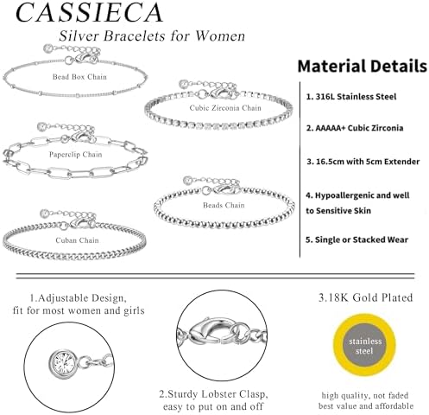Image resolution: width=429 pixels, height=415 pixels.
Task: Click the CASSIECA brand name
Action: tap(89, 12)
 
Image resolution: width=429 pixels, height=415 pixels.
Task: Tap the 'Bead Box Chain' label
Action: tap(79, 77)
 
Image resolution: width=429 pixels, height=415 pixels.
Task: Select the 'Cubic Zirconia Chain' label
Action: tap(225, 108)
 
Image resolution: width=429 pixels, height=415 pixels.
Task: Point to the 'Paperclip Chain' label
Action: tap(75, 155)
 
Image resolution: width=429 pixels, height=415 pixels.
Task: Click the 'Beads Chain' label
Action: tap(224, 205)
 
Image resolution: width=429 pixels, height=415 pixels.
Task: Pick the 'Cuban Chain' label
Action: tap(77, 240)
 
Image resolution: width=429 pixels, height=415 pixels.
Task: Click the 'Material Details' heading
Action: tap(363, 67)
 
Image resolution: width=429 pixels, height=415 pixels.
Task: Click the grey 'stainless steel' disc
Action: tap(364, 346)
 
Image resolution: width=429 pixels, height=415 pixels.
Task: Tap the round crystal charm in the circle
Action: tap(63, 364)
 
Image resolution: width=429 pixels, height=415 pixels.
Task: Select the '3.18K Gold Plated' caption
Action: tap(365, 297)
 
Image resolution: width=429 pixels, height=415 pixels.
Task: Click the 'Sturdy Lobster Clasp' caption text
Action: tap(213, 394)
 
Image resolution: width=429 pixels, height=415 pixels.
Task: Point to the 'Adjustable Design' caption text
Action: tap(78, 298)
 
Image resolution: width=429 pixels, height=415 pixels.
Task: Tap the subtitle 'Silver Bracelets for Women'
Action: tap(152, 36)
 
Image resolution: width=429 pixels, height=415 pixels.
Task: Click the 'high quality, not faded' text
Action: tap(365, 395)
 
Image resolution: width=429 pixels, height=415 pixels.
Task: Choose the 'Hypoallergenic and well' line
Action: tap(357, 195)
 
